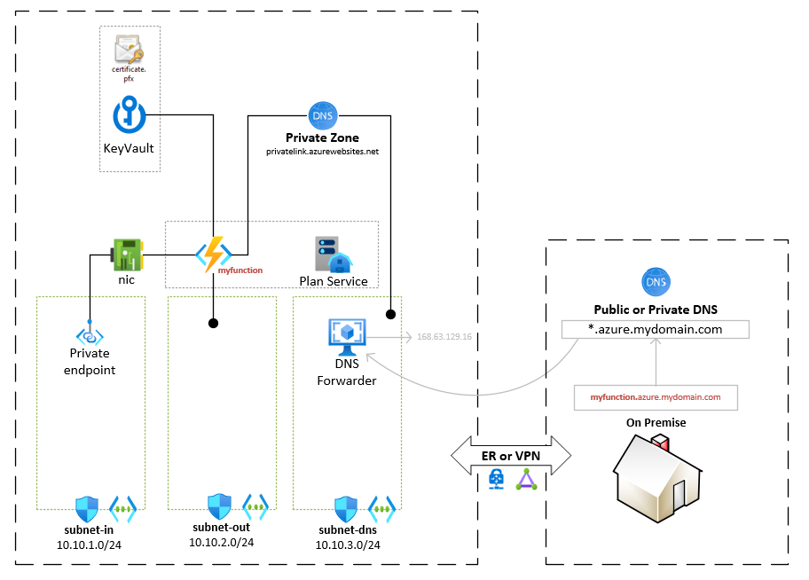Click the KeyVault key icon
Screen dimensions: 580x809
click(130, 115)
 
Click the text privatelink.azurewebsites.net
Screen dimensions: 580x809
click(322, 152)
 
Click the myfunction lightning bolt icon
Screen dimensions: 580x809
click(213, 255)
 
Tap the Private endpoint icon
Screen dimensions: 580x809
click(90, 335)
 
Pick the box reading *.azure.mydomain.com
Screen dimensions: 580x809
click(656, 329)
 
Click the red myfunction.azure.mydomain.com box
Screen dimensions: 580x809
click(656, 397)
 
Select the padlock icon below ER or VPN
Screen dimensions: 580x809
click(496, 481)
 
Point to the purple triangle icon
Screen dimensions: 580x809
click(528, 481)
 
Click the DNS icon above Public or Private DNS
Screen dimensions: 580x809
click(656, 283)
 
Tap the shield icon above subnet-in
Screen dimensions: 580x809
click(87, 509)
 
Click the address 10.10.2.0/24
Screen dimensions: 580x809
click(221, 543)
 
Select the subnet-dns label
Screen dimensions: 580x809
click(348, 529)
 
